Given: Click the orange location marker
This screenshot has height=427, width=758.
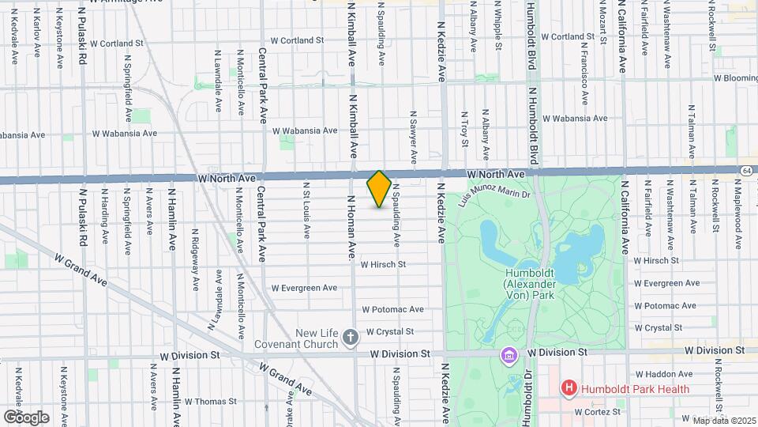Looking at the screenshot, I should click(379, 189).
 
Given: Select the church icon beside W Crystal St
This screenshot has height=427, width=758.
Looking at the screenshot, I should click(351, 338).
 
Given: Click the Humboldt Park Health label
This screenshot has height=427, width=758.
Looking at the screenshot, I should click(635, 388).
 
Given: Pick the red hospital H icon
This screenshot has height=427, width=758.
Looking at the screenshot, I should click(567, 388).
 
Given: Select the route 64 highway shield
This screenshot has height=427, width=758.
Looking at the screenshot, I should click(746, 170).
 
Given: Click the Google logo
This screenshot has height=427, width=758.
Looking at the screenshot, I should click(26, 417).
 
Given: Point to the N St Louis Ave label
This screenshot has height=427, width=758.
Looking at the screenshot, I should click(307, 209).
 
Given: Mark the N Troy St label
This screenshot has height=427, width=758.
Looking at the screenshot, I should click(464, 129).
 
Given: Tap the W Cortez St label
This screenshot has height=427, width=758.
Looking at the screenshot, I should click(599, 412).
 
